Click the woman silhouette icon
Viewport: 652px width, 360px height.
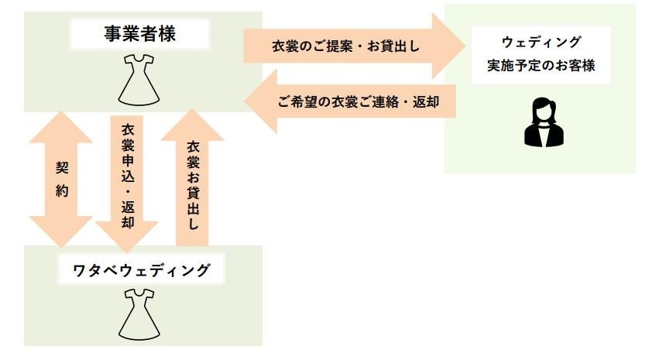coord(540,122)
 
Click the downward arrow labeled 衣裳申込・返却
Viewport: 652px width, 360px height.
coord(127,179)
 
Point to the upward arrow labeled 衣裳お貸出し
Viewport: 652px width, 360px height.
coord(193,179)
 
